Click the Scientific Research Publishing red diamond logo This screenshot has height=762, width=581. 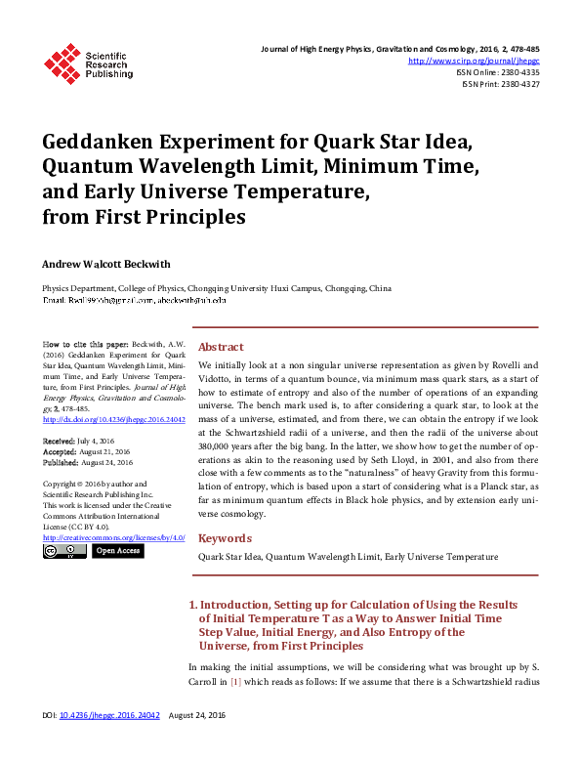[x=64, y=63]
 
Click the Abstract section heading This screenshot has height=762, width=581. [x=221, y=347]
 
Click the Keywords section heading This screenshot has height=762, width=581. [x=225, y=538]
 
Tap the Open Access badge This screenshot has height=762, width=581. [x=118, y=551]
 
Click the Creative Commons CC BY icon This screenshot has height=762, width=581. [x=64, y=551]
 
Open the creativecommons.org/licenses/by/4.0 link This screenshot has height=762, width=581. [x=113, y=537]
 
